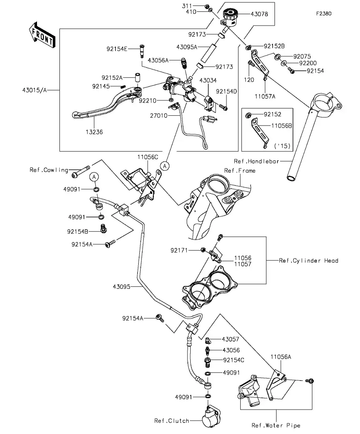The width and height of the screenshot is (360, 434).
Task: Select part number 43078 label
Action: [259, 14]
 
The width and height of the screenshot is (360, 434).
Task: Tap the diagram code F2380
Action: [323, 13]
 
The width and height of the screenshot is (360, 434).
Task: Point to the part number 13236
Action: [93, 132]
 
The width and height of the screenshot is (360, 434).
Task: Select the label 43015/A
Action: [34, 90]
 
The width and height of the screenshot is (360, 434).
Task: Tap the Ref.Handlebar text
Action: [256, 161]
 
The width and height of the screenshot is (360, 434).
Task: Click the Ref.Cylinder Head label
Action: [308, 260]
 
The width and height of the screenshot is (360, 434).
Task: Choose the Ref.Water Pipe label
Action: [276, 425]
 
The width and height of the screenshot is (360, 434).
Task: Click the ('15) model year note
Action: [282, 146]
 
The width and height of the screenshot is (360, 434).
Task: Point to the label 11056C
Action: [148, 157]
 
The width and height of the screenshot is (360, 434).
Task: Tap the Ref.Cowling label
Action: [49, 170]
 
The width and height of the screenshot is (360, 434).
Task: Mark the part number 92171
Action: [179, 250]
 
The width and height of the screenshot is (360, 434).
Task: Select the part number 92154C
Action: [234, 360]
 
